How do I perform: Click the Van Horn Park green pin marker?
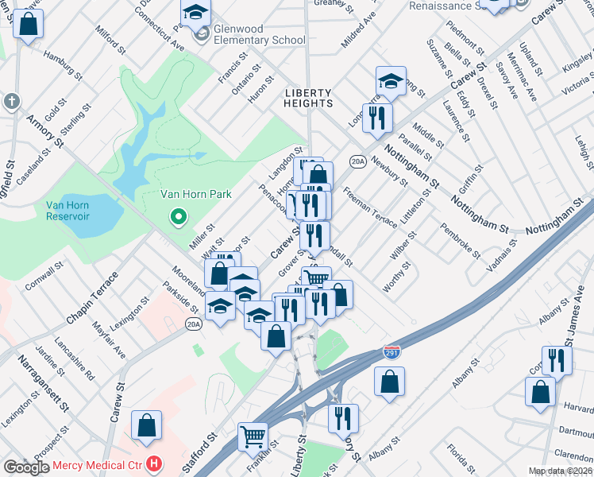[x=179, y=216]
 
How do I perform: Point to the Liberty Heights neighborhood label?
[x=309, y=99]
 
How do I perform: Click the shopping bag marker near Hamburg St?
[x=28, y=25]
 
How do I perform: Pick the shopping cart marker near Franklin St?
[x=253, y=436]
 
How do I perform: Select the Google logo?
[x=26, y=467]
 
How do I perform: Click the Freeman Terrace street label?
[x=369, y=207]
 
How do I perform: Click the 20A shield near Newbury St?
[x=357, y=161]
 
